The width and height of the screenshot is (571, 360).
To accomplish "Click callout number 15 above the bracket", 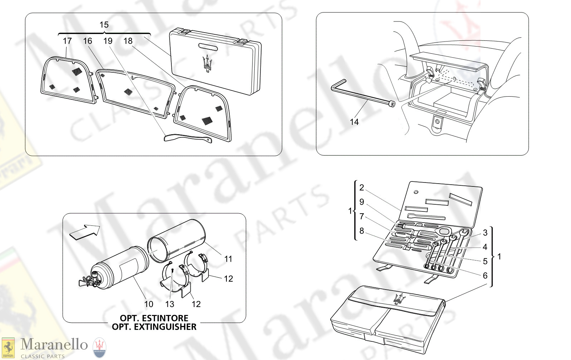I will pos(104,25).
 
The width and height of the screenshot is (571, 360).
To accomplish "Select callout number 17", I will pos(67,41).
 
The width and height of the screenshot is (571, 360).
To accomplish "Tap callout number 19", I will pos(108,41).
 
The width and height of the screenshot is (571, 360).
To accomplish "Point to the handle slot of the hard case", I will pos(210,47).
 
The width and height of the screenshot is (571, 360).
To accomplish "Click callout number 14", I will pos(354,122).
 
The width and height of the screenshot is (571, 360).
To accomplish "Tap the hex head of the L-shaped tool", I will pos(392,104).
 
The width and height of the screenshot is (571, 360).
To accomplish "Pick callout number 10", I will pos(149,304).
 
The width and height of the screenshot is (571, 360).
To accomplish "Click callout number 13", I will pos(170,304).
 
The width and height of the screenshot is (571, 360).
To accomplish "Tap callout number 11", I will pos(228,259).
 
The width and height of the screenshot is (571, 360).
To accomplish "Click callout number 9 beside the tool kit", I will pos(362,202).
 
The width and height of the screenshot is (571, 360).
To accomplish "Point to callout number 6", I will pos(485,276).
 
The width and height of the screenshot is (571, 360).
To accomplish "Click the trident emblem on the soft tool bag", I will pos(400,298).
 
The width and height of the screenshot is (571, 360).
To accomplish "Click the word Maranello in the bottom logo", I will pos(54,344).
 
